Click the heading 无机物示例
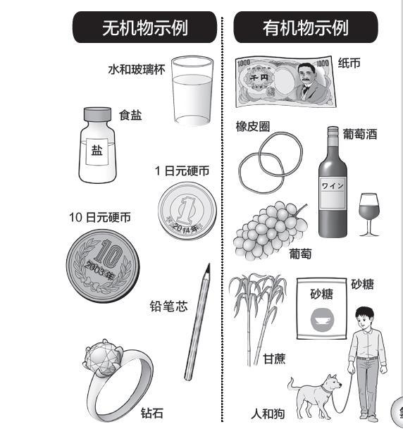click(x=144, y=27)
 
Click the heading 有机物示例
click(x=306, y=27)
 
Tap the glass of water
click(x=192, y=91)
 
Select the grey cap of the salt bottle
click(x=97, y=114)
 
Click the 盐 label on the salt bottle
click(x=97, y=151)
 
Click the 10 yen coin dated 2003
click(x=103, y=266)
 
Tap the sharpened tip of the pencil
click(x=209, y=266)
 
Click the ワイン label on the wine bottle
click(x=333, y=194)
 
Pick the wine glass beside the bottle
click(x=368, y=214)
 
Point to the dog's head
click(x=331, y=383)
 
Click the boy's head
click(x=364, y=318)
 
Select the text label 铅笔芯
click(x=168, y=306)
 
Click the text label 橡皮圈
click(x=253, y=127)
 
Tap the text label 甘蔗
click(x=274, y=359)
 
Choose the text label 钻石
click(x=152, y=413)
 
